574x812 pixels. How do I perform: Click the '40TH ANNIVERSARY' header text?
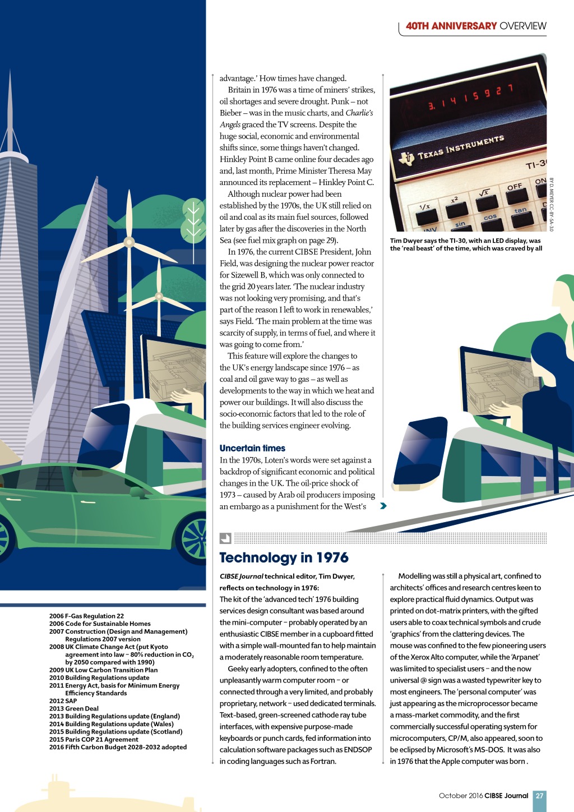pos(451,26)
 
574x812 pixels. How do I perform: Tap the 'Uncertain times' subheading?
pos(252,448)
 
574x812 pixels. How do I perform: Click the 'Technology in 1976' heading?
pos(284,557)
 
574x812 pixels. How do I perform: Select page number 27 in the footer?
pos(539,795)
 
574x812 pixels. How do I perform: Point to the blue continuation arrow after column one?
pos(383,506)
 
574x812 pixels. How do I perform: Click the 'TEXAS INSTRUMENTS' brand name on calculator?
pos(461,146)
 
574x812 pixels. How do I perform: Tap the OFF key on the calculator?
pos(515,187)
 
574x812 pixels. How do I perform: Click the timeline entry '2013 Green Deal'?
pos(74,708)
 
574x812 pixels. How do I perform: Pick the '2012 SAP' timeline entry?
pos(63,700)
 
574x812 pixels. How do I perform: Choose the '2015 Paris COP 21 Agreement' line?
pos(94,739)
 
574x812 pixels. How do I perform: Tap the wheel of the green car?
pos(194,538)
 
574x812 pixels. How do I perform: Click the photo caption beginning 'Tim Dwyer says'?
pos(466,244)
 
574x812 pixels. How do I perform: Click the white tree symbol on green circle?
pos(193,219)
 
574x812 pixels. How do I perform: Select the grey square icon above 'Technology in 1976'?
pos(225,538)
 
